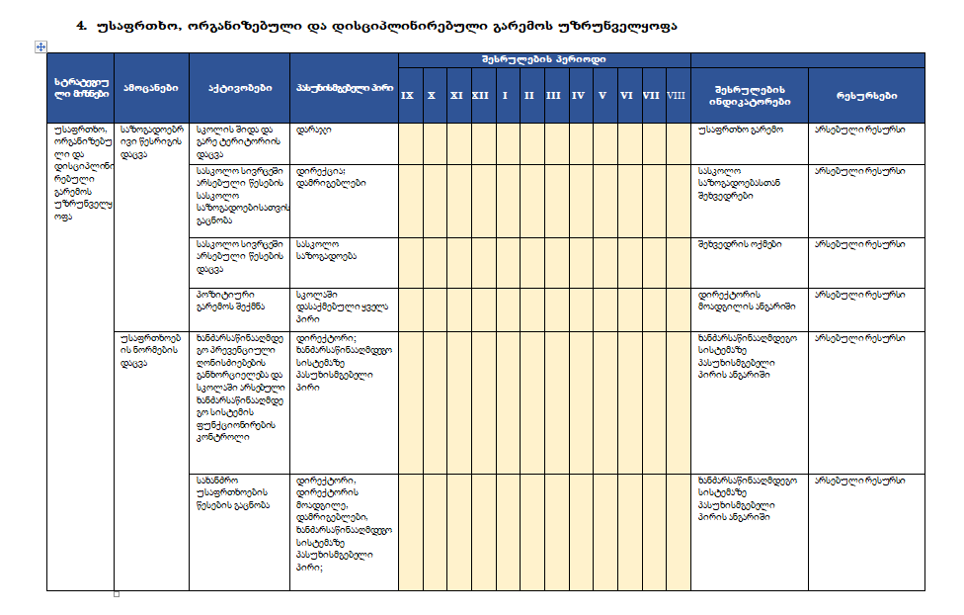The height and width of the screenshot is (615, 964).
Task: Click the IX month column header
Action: pos(407,95)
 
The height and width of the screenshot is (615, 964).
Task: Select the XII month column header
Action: pos(480,95)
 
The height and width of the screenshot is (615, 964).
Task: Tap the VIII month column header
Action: pos(677,95)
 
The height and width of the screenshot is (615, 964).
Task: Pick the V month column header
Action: pos(602,95)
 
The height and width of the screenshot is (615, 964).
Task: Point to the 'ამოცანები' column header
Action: pos(151,88)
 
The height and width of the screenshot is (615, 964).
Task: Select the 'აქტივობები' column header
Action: pos(240,88)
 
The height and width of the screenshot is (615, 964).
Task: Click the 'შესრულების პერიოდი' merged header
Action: pos(544,59)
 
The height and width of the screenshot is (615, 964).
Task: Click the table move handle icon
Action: pos(40,46)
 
